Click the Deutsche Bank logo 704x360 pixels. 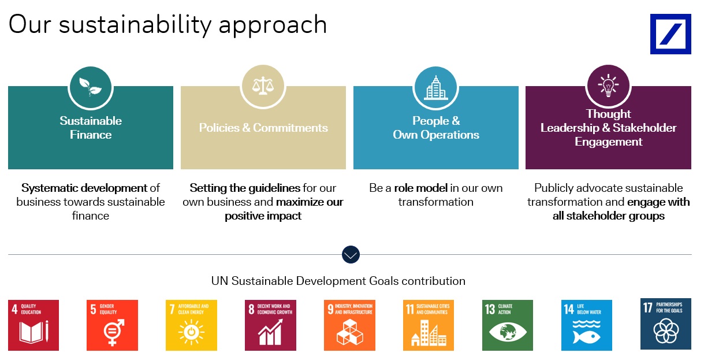670,34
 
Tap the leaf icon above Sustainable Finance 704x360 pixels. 91,87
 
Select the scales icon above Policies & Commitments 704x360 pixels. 263,87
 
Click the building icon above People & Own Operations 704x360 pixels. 435,87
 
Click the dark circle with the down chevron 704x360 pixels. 351,254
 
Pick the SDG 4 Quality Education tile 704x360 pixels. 33,325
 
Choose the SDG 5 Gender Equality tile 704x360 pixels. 113,325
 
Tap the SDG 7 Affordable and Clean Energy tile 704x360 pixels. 191,325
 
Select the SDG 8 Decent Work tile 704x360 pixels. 270,325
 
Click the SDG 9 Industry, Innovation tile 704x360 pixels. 349,325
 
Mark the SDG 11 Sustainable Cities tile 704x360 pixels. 429,325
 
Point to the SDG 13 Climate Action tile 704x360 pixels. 508,325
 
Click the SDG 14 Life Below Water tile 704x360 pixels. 587,325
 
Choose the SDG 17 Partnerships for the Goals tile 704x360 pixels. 666,324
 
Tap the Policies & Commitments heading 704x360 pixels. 263,128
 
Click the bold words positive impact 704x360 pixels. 263,216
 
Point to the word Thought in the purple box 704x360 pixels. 608,114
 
